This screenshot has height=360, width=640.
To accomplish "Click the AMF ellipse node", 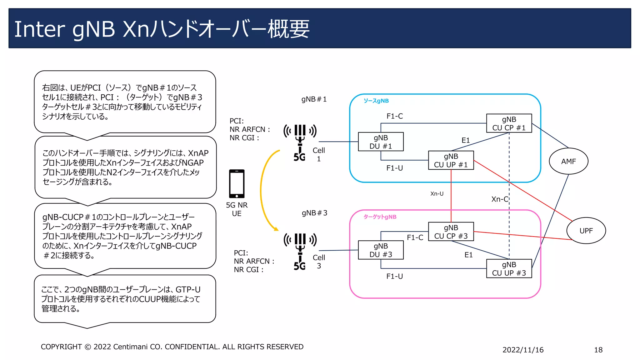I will pyautogui.click(x=568, y=161).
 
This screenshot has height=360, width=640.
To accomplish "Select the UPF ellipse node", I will pyautogui.click(x=586, y=231).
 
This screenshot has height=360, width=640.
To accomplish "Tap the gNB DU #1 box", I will pyautogui.click(x=381, y=142).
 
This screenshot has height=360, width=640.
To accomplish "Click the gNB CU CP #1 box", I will pyautogui.click(x=509, y=123).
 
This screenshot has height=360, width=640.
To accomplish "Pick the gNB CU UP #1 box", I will pyautogui.click(x=451, y=160).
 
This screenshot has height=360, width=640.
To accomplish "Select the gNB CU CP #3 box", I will pyautogui.click(x=451, y=232).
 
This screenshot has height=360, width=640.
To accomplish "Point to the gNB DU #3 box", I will pyautogui.click(x=381, y=250).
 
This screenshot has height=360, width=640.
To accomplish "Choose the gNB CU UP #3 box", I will pyautogui.click(x=509, y=268).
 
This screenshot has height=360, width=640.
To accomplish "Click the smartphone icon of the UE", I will pyautogui.click(x=237, y=184).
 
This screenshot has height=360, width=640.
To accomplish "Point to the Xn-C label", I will pyautogui.click(x=499, y=199).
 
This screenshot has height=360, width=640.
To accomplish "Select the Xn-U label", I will pyautogui.click(x=437, y=194).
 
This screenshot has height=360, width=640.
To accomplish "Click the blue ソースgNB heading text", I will pyautogui.click(x=376, y=101).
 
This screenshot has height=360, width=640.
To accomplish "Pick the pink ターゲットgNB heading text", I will pyautogui.click(x=380, y=217).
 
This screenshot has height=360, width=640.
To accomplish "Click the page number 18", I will pyautogui.click(x=598, y=350).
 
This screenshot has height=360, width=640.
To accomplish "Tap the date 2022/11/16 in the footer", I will pyautogui.click(x=523, y=350).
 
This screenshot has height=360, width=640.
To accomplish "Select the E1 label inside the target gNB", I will pyautogui.click(x=468, y=255).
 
